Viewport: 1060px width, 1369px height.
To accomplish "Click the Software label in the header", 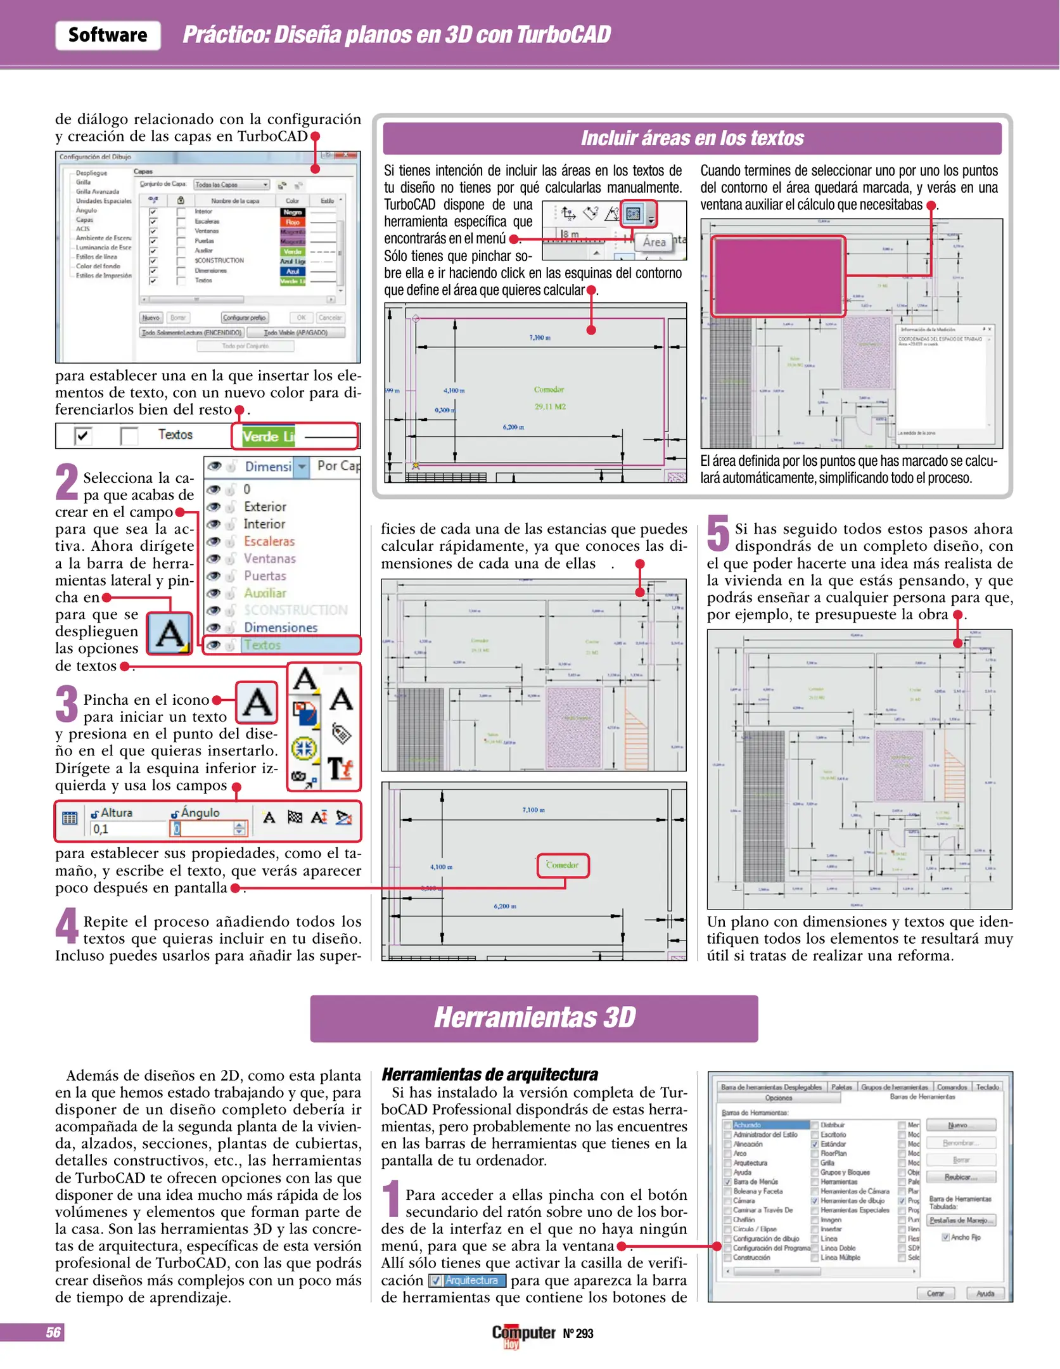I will pos(108,35).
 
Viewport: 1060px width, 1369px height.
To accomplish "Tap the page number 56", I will pos(53,1332).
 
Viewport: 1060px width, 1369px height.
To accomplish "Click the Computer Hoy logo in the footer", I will pos(523,1334).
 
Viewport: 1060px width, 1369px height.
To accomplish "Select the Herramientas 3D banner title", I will pos(534,1018).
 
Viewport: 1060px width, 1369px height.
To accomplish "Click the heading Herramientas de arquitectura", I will pos(489,1074).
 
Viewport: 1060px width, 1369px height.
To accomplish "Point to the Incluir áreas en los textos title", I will pos(692,138).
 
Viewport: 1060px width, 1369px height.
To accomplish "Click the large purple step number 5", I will pos(718,534).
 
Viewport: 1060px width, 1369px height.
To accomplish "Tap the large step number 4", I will pos(67,926).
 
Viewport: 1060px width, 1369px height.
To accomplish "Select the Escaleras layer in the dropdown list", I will pos(269,541).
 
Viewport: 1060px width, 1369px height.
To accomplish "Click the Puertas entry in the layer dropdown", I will pos(265,576).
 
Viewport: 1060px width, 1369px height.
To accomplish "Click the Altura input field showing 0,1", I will pos(127,829).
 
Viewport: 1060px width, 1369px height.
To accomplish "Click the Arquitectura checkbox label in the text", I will pos(468,1281).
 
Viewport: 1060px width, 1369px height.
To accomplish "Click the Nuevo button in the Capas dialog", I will pos(151,318).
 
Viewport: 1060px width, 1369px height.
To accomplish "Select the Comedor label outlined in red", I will pos(563,865).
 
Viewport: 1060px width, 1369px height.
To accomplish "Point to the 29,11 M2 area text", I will pos(550,406).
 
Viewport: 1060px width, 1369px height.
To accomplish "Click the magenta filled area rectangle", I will pos(777,276).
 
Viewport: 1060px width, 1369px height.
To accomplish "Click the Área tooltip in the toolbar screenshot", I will pos(654,242).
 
